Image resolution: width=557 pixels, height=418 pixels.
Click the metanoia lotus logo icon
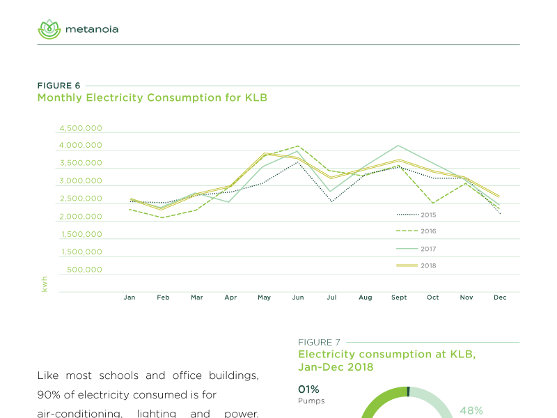click(x=49, y=29)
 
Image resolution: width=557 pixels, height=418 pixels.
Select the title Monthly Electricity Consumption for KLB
click(x=152, y=98)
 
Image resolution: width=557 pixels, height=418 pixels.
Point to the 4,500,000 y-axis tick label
click(x=81, y=129)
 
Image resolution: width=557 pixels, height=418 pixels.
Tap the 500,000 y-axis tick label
click(x=86, y=270)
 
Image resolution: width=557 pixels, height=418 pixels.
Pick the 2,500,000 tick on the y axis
click(x=81, y=199)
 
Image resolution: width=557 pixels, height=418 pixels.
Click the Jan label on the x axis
click(x=130, y=297)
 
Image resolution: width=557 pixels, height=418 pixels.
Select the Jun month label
click(x=298, y=297)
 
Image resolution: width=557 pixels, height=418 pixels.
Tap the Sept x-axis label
click(x=399, y=297)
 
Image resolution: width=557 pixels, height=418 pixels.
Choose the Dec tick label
click(x=500, y=297)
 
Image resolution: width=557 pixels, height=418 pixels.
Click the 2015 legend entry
click(x=416, y=215)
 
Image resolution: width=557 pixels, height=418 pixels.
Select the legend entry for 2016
click(x=416, y=231)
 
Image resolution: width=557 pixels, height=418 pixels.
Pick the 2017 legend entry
click(x=416, y=249)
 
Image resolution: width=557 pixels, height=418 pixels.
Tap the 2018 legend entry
click(x=416, y=265)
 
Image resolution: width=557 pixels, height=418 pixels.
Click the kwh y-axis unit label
click(x=45, y=283)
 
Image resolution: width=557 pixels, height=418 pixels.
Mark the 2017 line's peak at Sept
click(x=398, y=146)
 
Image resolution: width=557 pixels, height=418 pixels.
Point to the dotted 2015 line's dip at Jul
click(x=331, y=201)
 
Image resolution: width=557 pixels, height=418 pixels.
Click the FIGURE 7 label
click(x=319, y=343)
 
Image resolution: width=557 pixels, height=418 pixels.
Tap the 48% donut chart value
click(x=471, y=411)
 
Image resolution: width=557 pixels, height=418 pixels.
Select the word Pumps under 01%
click(x=311, y=401)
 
